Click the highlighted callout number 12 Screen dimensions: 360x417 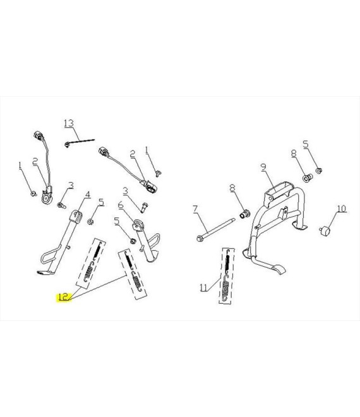(x=64, y=297)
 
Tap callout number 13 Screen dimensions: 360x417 (x=69, y=123)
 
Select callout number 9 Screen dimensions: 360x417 (x=263, y=167)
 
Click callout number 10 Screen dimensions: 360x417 (x=342, y=208)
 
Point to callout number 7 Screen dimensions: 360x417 (x=195, y=209)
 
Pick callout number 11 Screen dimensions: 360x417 (x=203, y=287)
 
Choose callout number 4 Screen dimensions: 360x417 (x=88, y=195)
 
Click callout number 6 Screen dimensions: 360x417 (x=121, y=205)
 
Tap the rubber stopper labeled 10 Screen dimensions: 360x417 (x=325, y=230)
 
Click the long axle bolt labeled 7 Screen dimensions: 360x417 (x=217, y=229)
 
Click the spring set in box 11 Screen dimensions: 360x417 (x=227, y=275)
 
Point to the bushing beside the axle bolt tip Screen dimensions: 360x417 (x=244, y=214)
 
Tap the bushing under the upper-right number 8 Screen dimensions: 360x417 (x=308, y=178)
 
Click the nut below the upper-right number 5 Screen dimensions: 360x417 (x=319, y=170)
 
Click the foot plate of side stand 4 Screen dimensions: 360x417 (x=45, y=272)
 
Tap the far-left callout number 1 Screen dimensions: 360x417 (x=20, y=166)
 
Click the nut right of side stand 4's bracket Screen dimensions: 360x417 (x=90, y=221)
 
